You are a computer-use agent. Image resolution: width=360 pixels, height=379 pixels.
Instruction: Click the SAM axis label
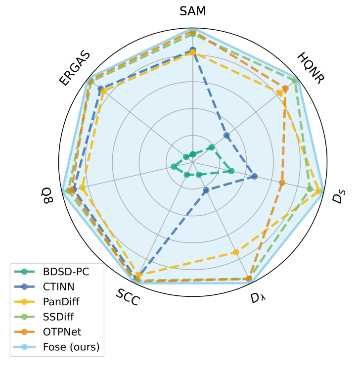[193, 11]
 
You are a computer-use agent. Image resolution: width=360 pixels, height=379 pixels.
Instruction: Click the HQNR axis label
[311, 68]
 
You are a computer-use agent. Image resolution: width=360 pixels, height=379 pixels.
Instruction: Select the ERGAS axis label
[75, 68]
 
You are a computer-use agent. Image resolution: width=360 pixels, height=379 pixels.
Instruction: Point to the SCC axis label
[128, 297]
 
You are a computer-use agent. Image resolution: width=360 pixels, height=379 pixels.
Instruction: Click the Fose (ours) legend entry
[71, 347]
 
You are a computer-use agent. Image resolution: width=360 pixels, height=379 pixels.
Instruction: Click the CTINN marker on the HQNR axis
[226, 135]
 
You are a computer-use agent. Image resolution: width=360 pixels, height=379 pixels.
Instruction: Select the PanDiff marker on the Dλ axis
[236, 252]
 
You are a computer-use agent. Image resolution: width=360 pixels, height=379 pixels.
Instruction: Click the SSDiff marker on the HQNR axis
[295, 81]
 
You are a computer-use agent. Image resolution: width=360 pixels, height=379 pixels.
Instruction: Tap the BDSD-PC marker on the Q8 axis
[174, 166]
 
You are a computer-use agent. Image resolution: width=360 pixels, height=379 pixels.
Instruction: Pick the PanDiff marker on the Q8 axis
[83, 188]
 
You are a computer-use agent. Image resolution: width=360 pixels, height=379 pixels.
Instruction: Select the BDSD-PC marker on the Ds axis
[231, 171]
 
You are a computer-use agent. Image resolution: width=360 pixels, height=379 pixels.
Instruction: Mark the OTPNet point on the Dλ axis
[249, 279]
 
